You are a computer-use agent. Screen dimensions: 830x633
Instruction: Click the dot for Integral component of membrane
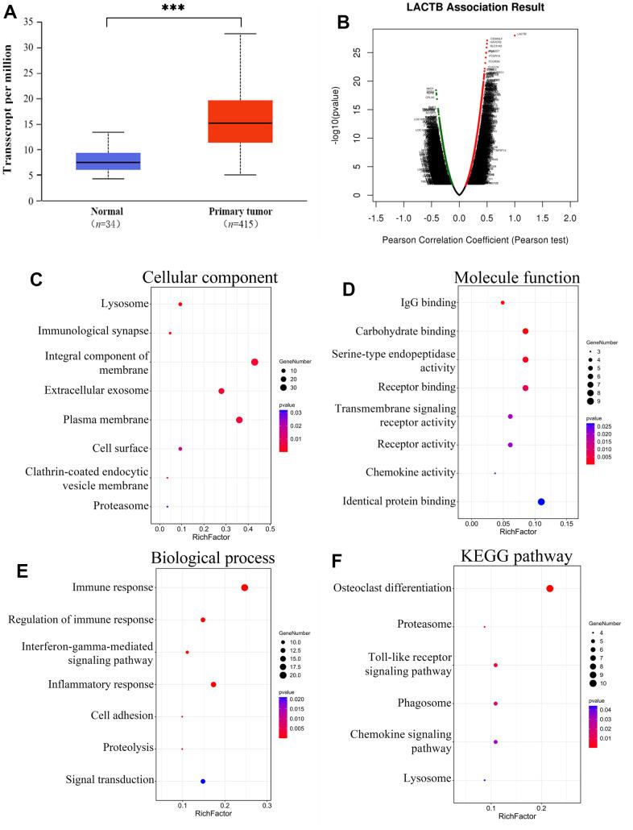[x=254, y=362]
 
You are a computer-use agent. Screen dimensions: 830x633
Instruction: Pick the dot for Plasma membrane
[x=239, y=420]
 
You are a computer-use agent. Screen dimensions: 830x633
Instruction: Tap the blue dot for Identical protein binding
[x=541, y=502]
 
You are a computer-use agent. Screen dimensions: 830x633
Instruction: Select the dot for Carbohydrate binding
[x=525, y=331]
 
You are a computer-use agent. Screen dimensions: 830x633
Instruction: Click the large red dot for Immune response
[x=244, y=587]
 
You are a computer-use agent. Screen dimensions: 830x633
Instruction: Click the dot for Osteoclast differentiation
[x=550, y=589]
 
